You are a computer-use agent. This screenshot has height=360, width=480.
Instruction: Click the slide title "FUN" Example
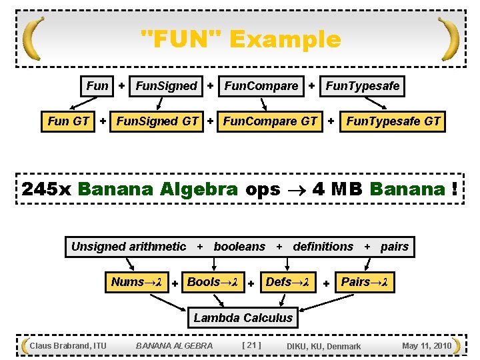tap(241, 39)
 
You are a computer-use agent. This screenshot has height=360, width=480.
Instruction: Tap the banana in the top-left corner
tap(33, 39)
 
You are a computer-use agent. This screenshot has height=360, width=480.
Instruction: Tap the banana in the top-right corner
tap(449, 39)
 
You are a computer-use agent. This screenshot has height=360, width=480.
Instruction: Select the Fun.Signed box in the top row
tap(166, 86)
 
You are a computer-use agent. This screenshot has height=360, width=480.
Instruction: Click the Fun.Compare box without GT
tap(261, 86)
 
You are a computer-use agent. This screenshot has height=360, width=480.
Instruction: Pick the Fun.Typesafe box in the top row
tap(362, 86)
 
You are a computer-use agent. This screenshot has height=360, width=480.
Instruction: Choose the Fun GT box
tap(69, 121)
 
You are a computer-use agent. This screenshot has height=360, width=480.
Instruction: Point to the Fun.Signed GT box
tap(157, 121)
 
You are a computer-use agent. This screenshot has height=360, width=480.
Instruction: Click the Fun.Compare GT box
tap(270, 121)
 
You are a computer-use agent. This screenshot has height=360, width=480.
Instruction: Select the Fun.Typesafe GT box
tap(393, 121)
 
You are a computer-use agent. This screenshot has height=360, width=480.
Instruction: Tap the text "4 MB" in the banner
tap(337, 189)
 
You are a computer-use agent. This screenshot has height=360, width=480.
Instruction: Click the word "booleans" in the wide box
tap(239, 247)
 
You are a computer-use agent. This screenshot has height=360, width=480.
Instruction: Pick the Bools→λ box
tap(213, 282)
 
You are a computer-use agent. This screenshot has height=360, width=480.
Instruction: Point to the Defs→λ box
tap(287, 282)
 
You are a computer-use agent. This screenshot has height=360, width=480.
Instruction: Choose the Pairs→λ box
tap(365, 282)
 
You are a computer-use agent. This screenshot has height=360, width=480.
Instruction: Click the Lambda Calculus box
tap(243, 318)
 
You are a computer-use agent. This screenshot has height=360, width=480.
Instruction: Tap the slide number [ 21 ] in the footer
tap(251, 345)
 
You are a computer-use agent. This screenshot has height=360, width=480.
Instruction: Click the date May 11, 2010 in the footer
tap(427, 345)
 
